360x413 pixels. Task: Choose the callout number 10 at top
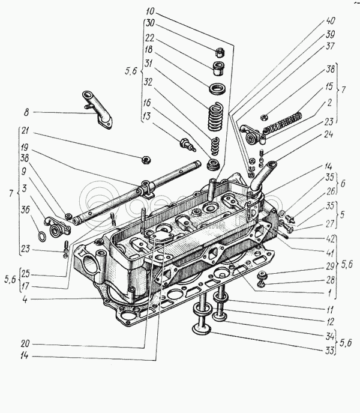click(149, 11)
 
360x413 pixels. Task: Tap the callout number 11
click(329, 310)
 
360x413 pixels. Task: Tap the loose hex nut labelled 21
click(144, 160)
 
